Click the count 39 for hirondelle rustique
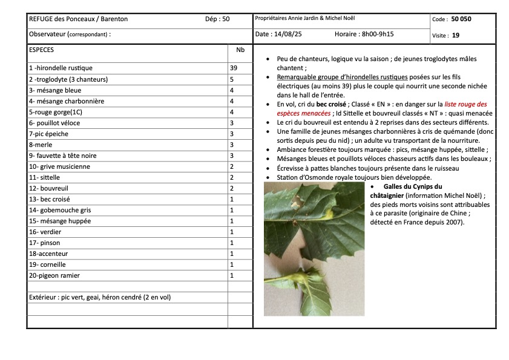(234, 68)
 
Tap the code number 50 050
(461, 19)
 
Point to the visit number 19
(456, 35)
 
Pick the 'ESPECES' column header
(41, 50)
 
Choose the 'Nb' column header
(240, 50)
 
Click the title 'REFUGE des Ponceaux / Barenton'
(78, 19)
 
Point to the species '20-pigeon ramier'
(54, 275)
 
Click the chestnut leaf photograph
(314, 249)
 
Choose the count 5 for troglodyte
(231, 79)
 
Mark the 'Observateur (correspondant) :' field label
(70, 35)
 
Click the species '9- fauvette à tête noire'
(63, 155)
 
